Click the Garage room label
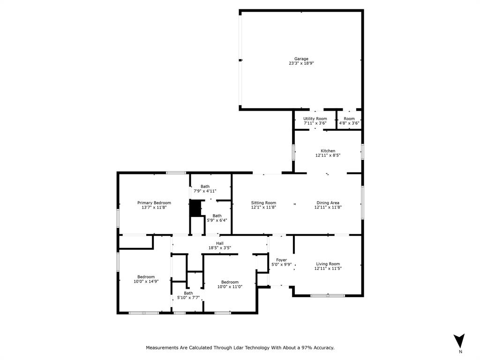coord(301,59)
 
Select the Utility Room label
coord(315,119)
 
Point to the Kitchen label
coord(328,151)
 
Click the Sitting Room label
coord(263,203)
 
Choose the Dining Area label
coord(328,203)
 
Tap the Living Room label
coord(328,264)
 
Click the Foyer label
coord(281,260)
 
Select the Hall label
coord(219,243)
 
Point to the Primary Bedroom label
coord(154,203)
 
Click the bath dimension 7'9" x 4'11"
coord(205,191)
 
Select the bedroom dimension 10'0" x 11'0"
coord(230,286)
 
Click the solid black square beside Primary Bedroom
coord(195,208)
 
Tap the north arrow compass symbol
coord(460,341)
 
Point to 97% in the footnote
coord(297,348)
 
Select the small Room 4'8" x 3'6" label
coord(349,120)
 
